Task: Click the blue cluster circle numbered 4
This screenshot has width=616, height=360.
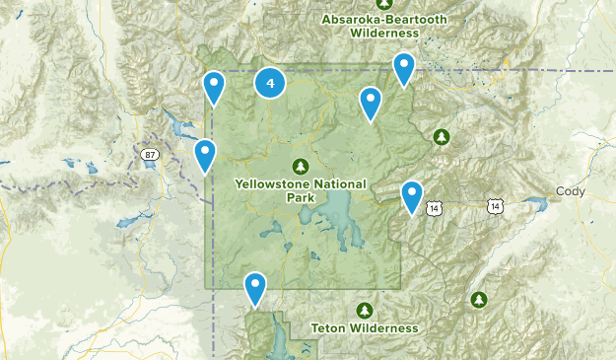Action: (270, 83)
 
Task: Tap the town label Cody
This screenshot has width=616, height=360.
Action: (570, 191)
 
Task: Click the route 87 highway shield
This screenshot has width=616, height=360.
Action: (149, 154)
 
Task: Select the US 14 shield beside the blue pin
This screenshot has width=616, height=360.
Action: (434, 208)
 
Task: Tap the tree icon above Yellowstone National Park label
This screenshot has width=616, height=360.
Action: (301, 166)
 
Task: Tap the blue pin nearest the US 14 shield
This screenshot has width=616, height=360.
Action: (412, 195)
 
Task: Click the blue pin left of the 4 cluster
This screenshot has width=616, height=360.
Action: (214, 87)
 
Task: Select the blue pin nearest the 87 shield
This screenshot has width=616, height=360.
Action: (205, 154)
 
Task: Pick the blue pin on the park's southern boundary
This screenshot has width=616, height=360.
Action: (255, 287)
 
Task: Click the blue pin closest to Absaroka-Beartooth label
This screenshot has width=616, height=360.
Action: (403, 67)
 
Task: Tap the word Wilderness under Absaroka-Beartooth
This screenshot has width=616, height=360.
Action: (384, 33)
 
